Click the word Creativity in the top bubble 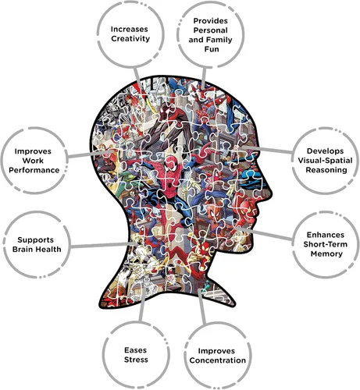coord(130,39)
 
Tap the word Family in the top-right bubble coord(219,40)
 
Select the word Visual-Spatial coord(325,161)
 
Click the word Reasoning coord(326,170)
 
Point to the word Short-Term coord(325,244)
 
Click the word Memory coord(326,253)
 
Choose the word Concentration coord(218,360)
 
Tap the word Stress coord(136,360)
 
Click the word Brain coord(23,250)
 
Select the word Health coord(48,250)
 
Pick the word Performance coord(34,170)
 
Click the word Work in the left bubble coord(33,161)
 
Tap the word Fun coord(212,49)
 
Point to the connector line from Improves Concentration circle coord(201,307)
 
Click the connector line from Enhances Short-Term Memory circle coord(266,233)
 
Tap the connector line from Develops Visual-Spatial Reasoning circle coord(267,150)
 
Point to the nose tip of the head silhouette coord(272,193)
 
